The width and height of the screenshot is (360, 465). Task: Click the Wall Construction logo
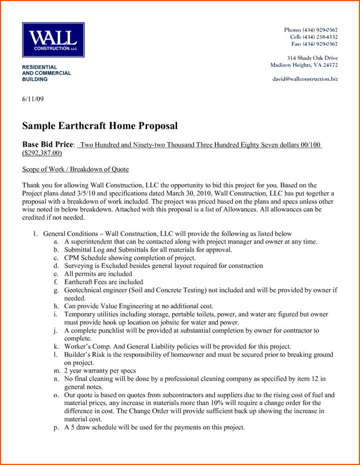coord(53,40)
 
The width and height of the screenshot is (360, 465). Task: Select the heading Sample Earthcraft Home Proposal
coord(100,126)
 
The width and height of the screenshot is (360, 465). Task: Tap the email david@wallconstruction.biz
coord(305,79)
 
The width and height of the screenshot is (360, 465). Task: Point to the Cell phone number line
coord(314,37)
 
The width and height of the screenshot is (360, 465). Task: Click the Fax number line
coord(314,44)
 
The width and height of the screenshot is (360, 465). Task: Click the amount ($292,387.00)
coord(42,153)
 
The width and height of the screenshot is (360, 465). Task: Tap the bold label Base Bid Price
coord(48,144)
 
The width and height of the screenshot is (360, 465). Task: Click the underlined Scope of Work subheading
coord(75,169)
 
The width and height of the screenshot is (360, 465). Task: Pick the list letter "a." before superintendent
coord(56,242)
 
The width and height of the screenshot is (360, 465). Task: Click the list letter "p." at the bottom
coord(56,427)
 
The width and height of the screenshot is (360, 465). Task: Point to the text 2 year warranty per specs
coord(100,371)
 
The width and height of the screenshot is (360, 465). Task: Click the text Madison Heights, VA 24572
coord(304,65)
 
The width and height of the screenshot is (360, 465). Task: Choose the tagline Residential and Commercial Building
coord(46,73)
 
